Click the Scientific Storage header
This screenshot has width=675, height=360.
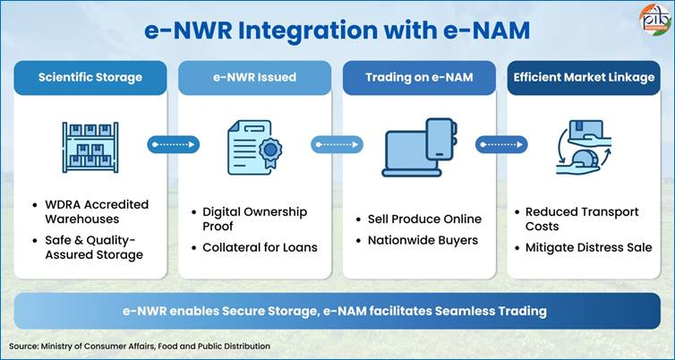90,77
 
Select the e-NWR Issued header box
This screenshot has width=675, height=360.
254,77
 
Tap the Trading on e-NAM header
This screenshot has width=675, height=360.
420,77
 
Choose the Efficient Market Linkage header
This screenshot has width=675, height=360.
584,77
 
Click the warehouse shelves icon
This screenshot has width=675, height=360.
90,143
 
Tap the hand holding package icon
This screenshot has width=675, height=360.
584,143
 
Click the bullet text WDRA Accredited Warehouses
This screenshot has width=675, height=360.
96,211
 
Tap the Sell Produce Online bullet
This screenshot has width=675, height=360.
424,219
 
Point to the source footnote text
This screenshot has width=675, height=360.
140,346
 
